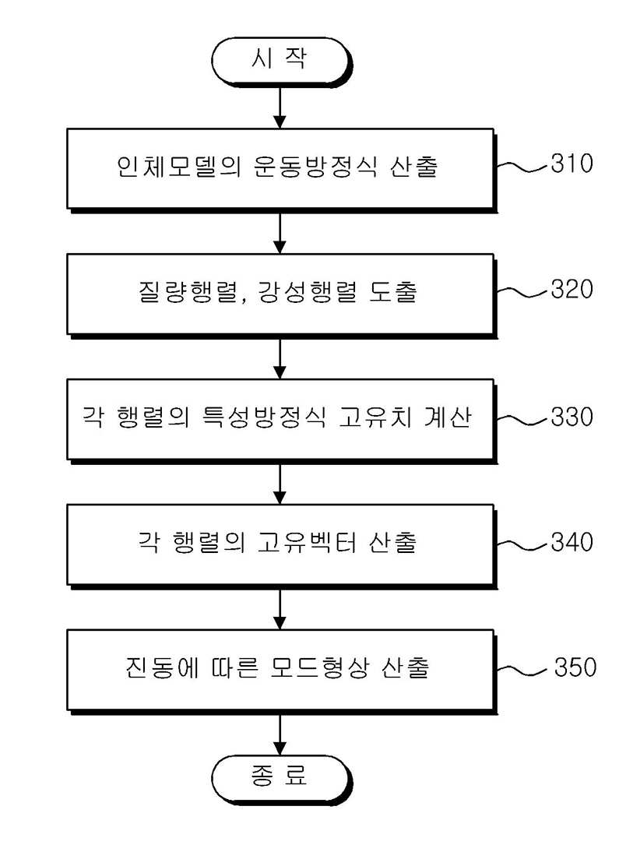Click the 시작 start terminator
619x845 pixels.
[x=281, y=61]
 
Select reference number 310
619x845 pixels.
[x=572, y=164]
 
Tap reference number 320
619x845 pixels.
[x=572, y=289]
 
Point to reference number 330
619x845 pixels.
[x=572, y=417]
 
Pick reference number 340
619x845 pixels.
[x=572, y=541]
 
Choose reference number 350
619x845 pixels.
[x=575, y=667]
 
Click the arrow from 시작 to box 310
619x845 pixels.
[x=280, y=107]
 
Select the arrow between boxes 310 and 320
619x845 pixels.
[x=280, y=233]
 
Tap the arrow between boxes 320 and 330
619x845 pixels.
[x=280, y=358]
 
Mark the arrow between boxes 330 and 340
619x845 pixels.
[x=280, y=484]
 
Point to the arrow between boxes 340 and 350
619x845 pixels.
[x=280, y=609]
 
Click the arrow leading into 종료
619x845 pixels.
[x=280, y=734]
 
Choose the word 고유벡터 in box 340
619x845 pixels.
[x=307, y=542]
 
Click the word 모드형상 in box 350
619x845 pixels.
[x=320, y=667]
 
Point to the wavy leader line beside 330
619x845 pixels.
[x=522, y=420]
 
